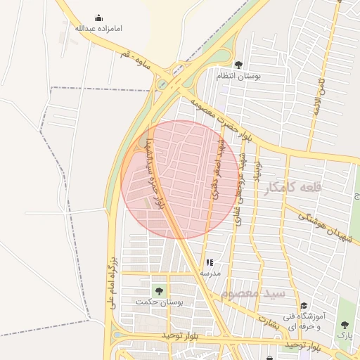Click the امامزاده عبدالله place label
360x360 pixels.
coord(99,29)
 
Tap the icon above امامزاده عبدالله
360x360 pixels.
coord(98,18)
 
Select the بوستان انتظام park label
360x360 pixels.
coord(238,75)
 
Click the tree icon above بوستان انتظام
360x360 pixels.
coord(238,65)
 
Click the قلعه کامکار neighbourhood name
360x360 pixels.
coord(292,188)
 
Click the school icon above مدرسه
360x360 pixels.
coord(210,263)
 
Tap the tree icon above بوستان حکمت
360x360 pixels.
coord(159,291)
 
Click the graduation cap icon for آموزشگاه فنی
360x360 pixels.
coord(304,306)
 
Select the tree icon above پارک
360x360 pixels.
coord(345,325)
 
